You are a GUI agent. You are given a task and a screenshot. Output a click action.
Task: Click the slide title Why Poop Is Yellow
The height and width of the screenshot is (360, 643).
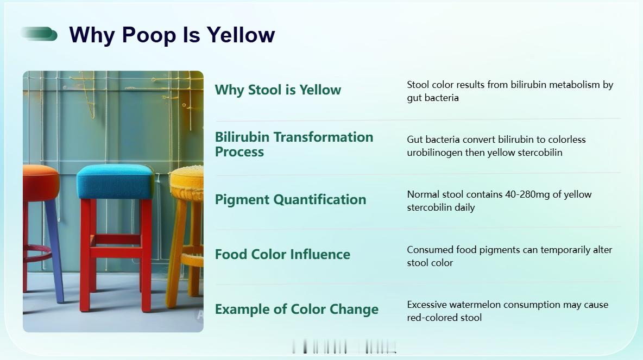[x=172, y=35]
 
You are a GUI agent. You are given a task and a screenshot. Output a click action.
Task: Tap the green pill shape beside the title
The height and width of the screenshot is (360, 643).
[x=39, y=34]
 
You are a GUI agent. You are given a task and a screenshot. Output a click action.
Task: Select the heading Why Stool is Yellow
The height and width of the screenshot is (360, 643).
[x=278, y=90]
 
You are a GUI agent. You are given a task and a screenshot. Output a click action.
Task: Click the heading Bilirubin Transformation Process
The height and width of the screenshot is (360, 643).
[x=294, y=144]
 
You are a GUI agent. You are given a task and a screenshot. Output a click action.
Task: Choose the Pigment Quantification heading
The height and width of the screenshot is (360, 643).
[x=291, y=200]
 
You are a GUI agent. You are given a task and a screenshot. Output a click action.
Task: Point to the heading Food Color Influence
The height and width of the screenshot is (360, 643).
[x=282, y=254]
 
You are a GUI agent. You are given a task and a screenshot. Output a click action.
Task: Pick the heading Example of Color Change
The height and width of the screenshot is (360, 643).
[x=297, y=309]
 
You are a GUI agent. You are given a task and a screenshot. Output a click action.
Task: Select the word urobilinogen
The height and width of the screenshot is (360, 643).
[x=434, y=153]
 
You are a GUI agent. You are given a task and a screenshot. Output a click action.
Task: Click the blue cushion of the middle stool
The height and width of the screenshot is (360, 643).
[x=115, y=181]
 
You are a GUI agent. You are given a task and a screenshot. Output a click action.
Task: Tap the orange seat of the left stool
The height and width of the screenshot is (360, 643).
[x=41, y=182]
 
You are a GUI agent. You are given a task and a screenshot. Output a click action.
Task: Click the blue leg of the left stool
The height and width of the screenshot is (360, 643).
[x=54, y=250]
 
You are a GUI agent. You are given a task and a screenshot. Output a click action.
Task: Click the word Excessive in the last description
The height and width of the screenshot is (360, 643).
[x=426, y=305]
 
